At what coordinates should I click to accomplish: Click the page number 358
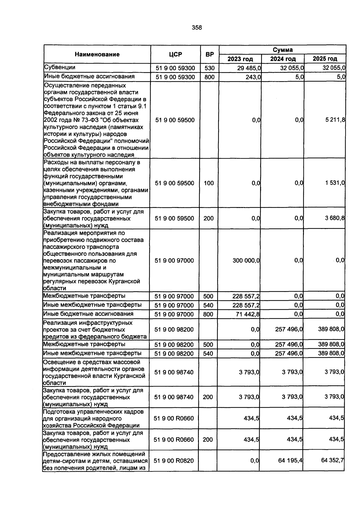click(x=197, y=28)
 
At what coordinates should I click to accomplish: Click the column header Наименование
click(x=97, y=54)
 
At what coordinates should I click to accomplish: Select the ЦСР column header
click(x=175, y=54)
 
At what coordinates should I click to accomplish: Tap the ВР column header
click(x=209, y=54)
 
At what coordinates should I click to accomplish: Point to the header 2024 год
click(x=283, y=59)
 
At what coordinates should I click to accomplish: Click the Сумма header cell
click(x=283, y=50)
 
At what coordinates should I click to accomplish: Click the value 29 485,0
click(x=249, y=68)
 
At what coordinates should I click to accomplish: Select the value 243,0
click(x=253, y=77)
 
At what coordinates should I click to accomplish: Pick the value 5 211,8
click(x=335, y=120)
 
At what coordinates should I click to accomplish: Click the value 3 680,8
click(x=335, y=218)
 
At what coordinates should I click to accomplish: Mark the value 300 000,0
click(x=246, y=261)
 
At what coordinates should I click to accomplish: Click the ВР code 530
click(x=209, y=68)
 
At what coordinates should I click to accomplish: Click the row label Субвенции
click(x=59, y=67)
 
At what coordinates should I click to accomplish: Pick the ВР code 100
click(x=209, y=183)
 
